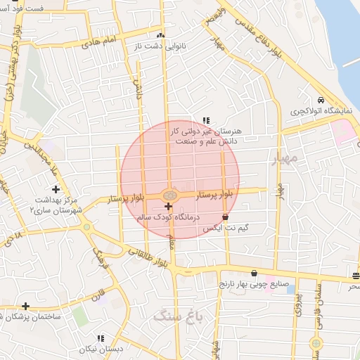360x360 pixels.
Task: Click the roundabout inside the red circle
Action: click(169, 194)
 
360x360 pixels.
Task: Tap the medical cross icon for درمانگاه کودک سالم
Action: click(167, 206)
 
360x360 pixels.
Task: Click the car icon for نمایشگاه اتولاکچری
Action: click(321, 99)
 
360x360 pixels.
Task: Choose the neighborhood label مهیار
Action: click(285, 159)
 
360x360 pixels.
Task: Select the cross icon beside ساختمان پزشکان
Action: click(26, 306)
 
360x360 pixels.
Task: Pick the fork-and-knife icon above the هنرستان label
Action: click(206, 120)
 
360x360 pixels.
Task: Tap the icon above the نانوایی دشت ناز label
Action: click(160, 34)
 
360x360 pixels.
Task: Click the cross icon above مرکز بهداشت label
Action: click(55, 189)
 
